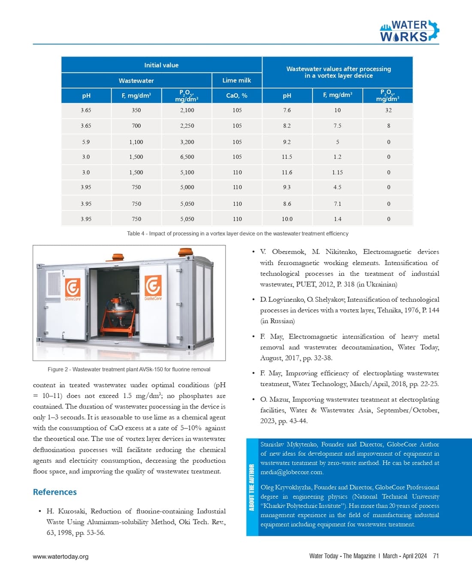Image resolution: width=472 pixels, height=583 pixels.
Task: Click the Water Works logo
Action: [x=409, y=31]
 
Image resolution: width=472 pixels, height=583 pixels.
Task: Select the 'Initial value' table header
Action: [x=161, y=65]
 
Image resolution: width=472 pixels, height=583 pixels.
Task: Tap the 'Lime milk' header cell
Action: [x=236, y=80]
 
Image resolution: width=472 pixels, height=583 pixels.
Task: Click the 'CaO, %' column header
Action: [x=237, y=96]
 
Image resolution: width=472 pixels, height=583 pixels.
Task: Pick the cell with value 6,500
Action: [x=187, y=157]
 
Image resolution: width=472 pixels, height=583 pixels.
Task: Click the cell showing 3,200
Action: [x=187, y=142]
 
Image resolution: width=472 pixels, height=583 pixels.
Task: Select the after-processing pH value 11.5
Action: [x=287, y=157]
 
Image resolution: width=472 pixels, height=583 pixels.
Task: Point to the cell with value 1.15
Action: [x=338, y=172]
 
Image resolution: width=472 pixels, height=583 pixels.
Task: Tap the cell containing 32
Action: [x=388, y=110]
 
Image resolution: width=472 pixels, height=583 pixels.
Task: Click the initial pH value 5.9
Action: [x=86, y=142]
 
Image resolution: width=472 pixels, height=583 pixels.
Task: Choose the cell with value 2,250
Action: [x=187, y=126]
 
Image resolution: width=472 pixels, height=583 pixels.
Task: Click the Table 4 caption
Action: [x=237, y=234]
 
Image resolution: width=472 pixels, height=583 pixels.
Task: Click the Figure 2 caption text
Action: [x=129, y=369]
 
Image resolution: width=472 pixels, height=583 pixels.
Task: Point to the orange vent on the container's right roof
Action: [x=186, y=251]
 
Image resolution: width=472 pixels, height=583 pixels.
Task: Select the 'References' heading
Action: [x=55, y=492]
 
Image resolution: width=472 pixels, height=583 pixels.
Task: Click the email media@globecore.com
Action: [x=292, y=472]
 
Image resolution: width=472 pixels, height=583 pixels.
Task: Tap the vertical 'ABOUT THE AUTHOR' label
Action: [x=252, y=487]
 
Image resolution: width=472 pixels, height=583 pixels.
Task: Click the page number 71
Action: [x=436, y=556]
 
